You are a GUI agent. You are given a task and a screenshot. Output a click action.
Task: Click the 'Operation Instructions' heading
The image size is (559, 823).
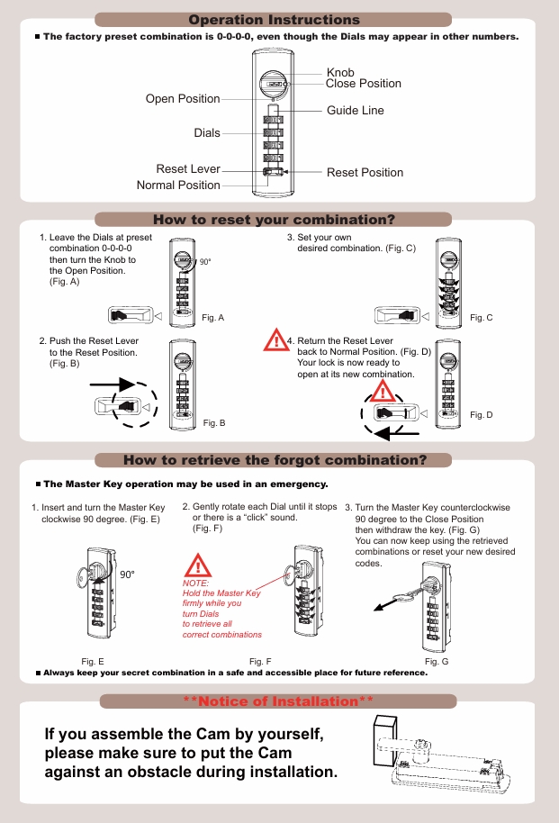274,20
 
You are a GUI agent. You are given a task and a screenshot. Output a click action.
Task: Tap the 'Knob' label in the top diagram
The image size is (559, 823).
340,72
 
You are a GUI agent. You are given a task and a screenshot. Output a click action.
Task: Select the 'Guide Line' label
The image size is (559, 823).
355,111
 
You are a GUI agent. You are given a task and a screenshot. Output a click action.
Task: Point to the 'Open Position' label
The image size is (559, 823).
183,98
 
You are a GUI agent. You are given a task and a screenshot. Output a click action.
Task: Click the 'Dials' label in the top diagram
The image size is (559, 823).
207,133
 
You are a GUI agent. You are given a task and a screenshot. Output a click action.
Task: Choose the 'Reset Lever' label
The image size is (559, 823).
187,169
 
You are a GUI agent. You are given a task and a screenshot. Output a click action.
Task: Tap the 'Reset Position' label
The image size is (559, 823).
365,172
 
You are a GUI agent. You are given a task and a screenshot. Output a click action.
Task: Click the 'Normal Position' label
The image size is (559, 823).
178,185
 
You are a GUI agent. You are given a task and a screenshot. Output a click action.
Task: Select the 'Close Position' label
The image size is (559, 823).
363,84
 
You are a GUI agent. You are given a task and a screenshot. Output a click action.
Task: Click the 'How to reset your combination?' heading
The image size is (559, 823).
274,220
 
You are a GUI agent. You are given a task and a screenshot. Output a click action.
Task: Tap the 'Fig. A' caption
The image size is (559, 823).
213,318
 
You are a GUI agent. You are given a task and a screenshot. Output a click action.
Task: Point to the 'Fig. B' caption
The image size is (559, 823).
214,422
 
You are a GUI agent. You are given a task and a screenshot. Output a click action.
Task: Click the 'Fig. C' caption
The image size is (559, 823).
482,318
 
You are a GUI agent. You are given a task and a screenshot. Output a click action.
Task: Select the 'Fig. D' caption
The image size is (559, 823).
482,414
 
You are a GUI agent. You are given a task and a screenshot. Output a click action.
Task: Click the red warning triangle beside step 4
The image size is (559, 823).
275,341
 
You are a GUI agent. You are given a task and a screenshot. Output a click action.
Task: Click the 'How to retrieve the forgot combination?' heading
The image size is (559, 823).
275,460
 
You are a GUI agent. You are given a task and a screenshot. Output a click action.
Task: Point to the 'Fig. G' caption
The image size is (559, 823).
437,662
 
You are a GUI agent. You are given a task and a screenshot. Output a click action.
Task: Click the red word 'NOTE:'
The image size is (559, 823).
195,583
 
